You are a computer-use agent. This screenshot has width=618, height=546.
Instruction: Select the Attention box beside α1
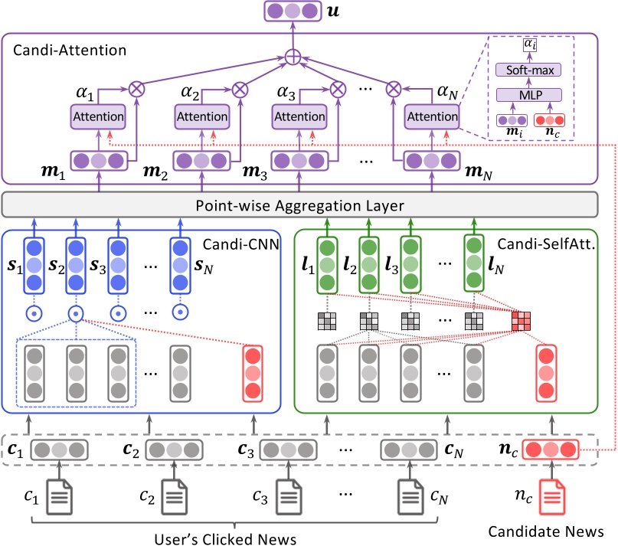coord(98,117)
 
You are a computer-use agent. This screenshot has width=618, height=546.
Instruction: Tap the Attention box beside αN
coord(432,117)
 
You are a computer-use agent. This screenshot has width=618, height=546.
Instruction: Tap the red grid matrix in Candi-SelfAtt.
coord(523,319)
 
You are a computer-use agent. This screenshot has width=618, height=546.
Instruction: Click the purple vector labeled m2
coord(202,162)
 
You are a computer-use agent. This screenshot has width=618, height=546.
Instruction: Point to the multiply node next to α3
coord(335,88)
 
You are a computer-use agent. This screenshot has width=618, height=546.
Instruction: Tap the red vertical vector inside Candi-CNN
coord(252,374)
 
